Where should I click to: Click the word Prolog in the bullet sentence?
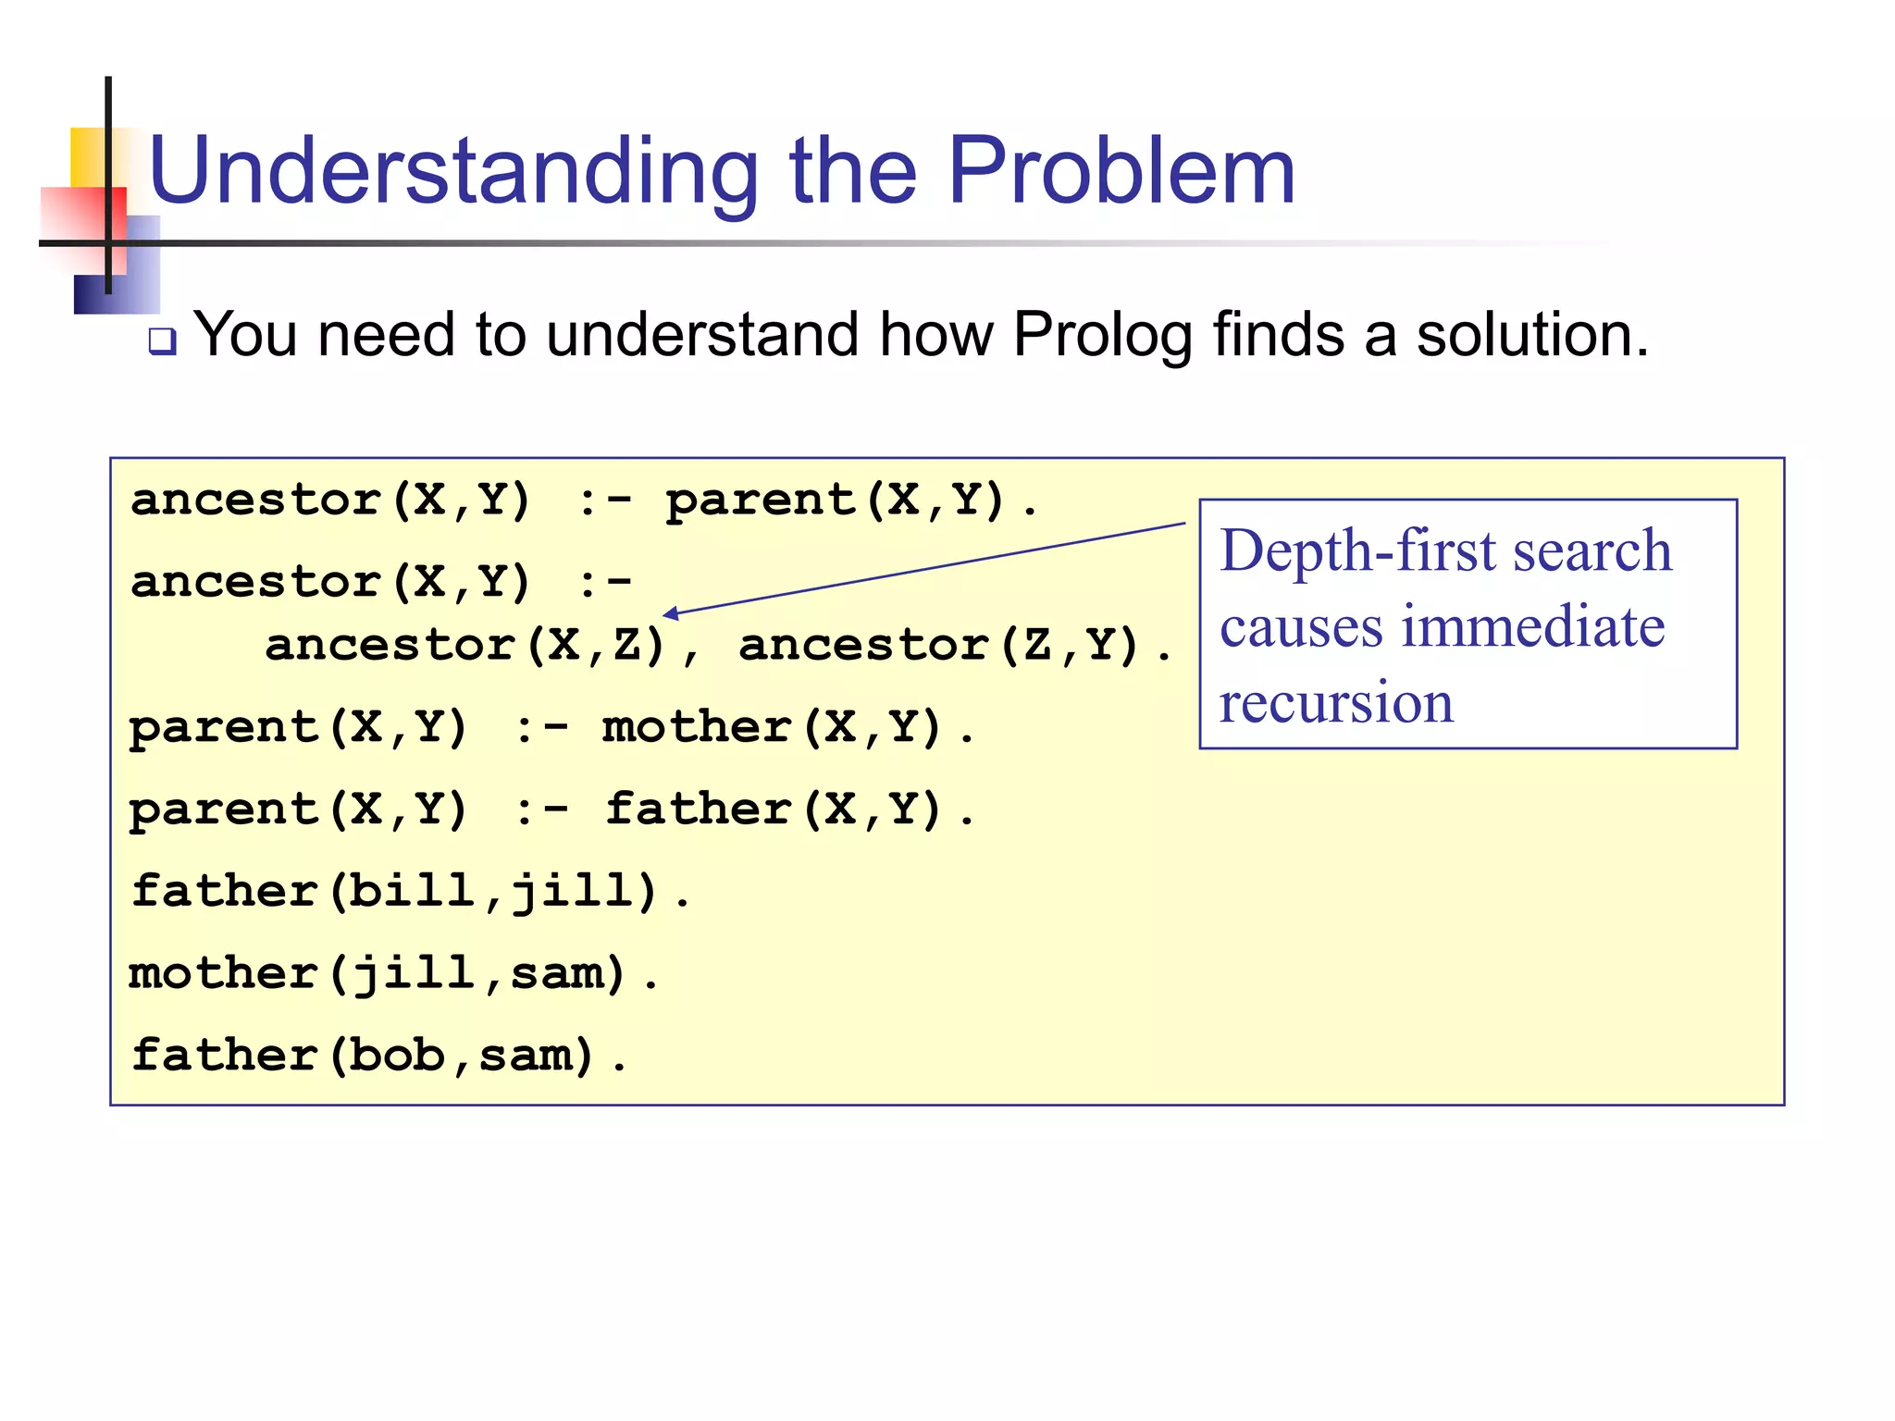[x=1102, y=334]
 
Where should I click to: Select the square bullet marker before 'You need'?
[x=163, y=342]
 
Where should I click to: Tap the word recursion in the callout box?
[x=1336, y=702]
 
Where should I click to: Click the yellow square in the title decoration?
[x=88, y=155]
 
